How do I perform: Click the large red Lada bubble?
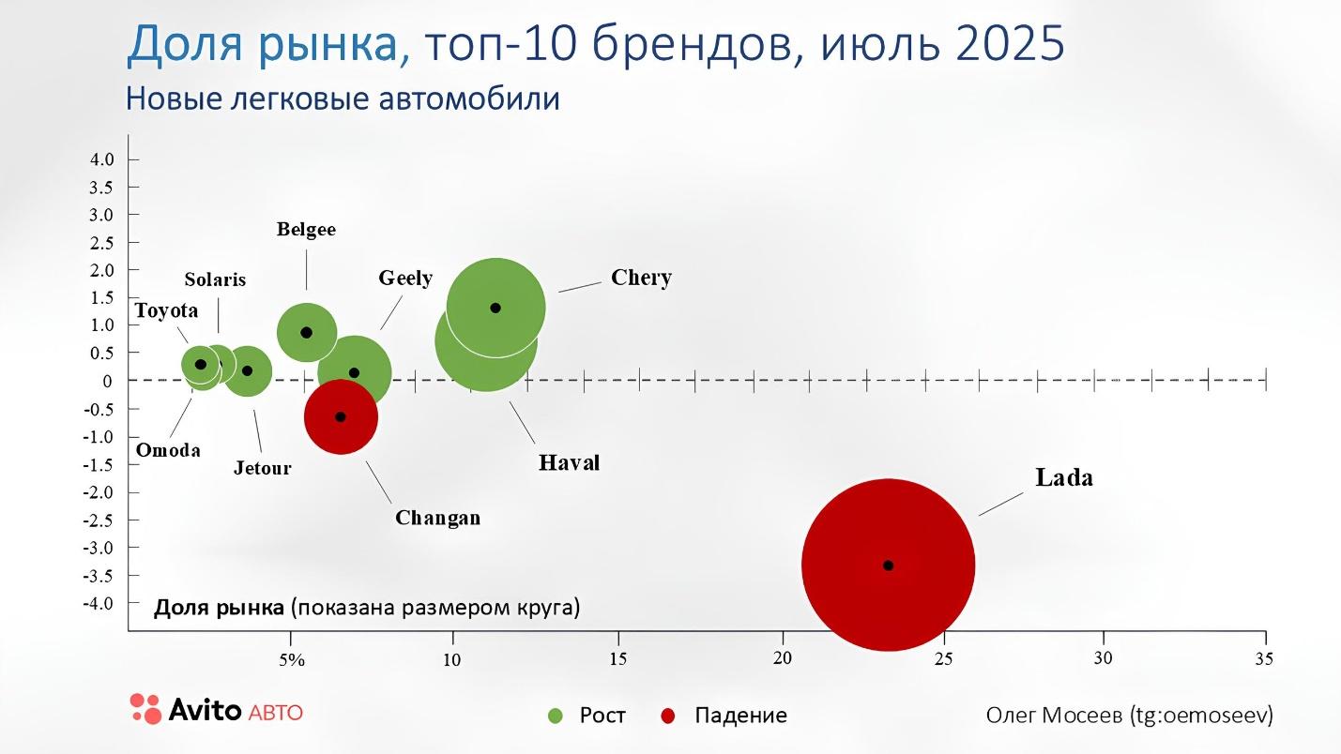888,565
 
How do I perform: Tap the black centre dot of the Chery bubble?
495,308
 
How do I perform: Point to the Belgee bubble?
306,333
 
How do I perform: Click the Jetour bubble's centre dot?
248,370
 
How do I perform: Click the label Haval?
569,462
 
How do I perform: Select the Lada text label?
1064,477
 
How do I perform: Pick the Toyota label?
166,310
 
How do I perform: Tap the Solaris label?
215,279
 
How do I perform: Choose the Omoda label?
168,450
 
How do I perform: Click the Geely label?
405,278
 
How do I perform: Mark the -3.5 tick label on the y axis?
100,575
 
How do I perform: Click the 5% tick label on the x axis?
292,659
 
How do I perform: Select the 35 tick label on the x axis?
1263,658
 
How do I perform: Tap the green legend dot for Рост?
556,716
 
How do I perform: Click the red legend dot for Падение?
668,716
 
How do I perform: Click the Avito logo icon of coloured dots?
145,708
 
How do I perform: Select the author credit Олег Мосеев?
1054,715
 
